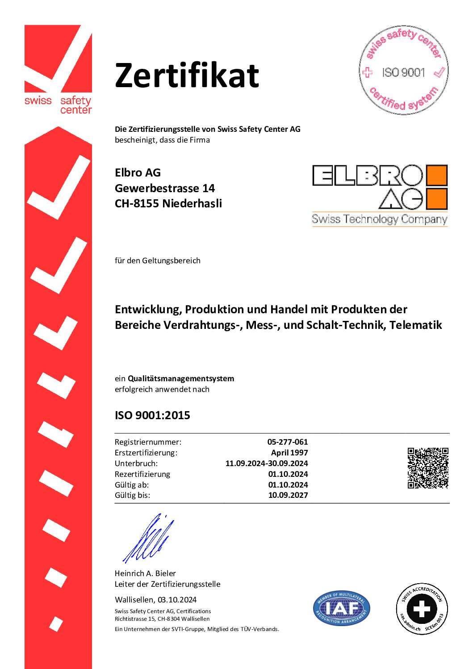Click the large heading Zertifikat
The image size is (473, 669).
187,75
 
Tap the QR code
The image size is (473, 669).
427,468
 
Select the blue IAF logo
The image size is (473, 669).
342,608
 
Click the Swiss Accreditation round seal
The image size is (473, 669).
422,609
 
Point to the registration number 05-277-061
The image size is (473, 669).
288,442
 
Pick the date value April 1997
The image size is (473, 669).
289,453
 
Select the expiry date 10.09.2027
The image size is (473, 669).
288,495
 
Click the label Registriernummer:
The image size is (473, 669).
148,442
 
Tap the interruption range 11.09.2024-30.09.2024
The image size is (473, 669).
267,463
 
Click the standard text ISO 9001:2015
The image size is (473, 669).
152,416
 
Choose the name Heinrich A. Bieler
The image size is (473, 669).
145,573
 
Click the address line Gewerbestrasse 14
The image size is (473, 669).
165,188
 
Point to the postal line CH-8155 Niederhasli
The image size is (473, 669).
168,203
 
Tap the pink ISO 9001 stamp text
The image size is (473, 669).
403,72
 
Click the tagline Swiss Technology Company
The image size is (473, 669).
379,219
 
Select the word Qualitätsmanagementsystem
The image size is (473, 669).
181,379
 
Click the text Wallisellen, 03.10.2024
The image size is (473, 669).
155,600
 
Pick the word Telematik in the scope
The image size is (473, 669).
415,325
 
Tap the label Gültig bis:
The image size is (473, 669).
132,495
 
